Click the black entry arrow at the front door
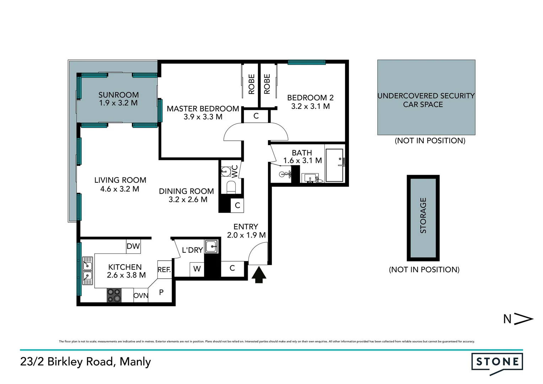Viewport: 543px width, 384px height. coord(259,275)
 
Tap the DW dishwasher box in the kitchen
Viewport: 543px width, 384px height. coord(133,246)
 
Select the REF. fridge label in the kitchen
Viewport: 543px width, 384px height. coord(164,270)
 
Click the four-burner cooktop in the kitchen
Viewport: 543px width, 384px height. coord(114,295)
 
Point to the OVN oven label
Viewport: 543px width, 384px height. coord(141,295)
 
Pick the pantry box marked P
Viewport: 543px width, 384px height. coord(161,292)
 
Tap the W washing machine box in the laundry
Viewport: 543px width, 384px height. coord(197,269)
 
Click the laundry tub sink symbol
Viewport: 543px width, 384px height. coord(212,246)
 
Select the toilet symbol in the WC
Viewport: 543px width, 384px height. coord(231,187)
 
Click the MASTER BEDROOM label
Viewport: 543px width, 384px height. coord(203,109)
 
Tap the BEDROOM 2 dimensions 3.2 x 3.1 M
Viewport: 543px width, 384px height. coord(310,106)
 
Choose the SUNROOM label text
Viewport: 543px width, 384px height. coord(118,95)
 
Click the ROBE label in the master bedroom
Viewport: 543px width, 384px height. coord(252,84)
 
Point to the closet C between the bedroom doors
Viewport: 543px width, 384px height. coord(256,116)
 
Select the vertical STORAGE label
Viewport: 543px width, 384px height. coord(423,215)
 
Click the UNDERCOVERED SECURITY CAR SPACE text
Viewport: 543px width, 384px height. coord(426,100)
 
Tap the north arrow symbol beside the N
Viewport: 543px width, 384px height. coord(524,319)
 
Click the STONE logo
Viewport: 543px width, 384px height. coord(497,362)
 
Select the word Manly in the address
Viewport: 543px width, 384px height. coord(135,362)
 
